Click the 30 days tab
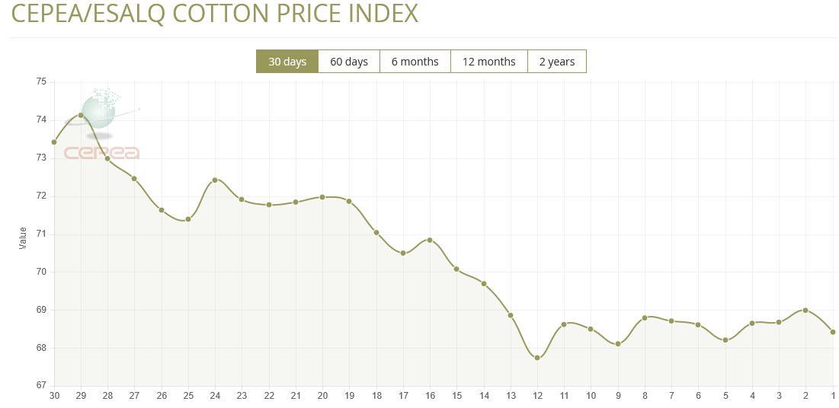pos(287,62)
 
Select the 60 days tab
pos(349,62)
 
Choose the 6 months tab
pos(415,62)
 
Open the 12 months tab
pos(488,62)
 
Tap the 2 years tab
pos(557,62)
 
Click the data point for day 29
pos(81,115)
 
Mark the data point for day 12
pos(537,357)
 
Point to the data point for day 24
pos(215,180)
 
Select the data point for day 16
pos(430,240)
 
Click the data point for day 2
pos(805,310)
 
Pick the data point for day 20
pos(322,197)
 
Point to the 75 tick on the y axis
pos(41,81)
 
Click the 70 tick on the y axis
pos(41,272)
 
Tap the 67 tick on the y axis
pos(41,385)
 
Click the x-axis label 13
pos(511,396)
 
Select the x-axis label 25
pos(188,396)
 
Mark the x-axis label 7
pos(671,396)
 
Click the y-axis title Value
pos(23,237)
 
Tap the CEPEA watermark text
pos(101,153)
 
